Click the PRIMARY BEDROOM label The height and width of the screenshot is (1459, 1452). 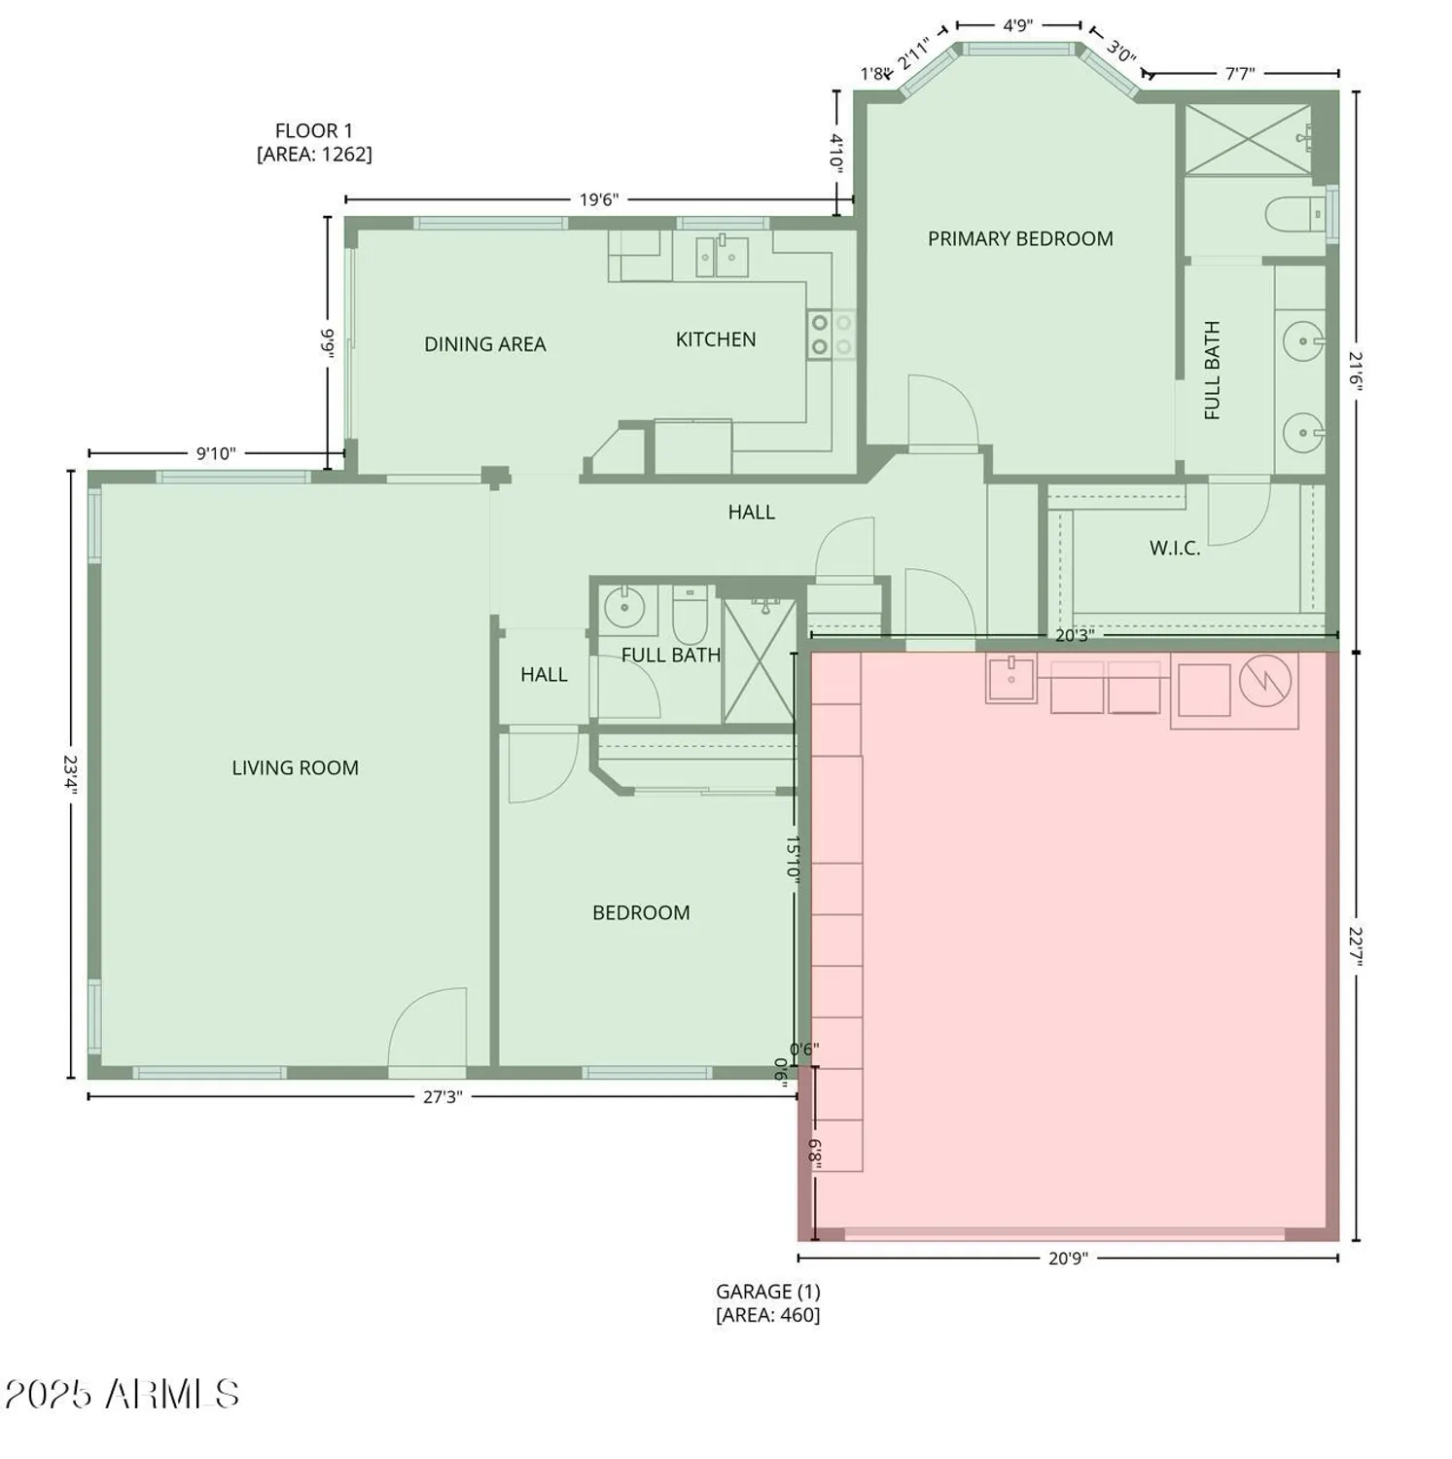click(1019, 239)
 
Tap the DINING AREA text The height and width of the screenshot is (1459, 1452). click(484, 344)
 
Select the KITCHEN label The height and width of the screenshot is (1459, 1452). click(715, 339)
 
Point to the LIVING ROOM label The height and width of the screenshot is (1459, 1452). click(295, 768)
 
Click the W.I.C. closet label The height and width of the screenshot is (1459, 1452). click(1174, 549)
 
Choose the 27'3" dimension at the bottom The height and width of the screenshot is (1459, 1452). click(442, 1097)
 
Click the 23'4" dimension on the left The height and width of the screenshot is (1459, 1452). click(69, 774)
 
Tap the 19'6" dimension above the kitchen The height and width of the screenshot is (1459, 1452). click(598, 200)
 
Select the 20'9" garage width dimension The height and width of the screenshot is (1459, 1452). click(1067, 1259)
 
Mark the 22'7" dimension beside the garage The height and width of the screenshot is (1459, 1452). click(1357, 945)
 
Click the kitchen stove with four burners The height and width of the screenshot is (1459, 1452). click(832, 335)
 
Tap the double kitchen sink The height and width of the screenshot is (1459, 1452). click(721, 257)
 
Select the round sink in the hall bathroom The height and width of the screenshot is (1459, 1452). click(623, 609)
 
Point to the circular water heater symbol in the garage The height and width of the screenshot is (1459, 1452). click(1265, 681)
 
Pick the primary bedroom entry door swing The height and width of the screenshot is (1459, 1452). click(940, 412)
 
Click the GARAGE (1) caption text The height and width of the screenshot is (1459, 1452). click(767, 1293)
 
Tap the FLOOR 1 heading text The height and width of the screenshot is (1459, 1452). click(313, 131)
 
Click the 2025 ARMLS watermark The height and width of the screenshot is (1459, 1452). click(122, 1395)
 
